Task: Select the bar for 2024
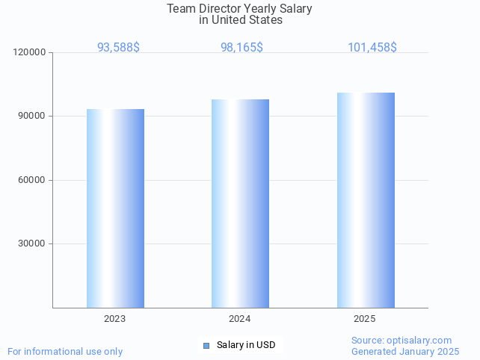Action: click(x=240, y=203)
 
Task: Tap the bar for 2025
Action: click(x=366, y=199)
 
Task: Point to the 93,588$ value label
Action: click(x=118, y=47)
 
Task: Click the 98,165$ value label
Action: click(x=241, y=47)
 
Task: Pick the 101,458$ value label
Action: click(x=372, y=47)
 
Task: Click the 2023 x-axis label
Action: click(x=114, y=319)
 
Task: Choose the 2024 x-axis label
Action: click(x=239, y=319)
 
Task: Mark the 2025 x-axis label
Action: click(x=365, y=319)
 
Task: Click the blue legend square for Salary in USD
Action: click(x=206, y=345)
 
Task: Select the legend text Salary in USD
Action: click(x=246, y=345)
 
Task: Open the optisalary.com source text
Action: click(x=401, y=340)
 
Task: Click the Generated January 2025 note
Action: click(x=405, y=351)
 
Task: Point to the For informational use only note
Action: click(x=65, y=351)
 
